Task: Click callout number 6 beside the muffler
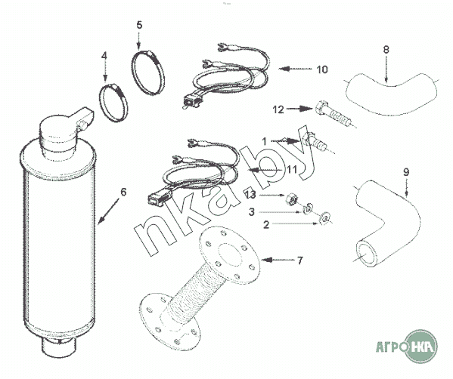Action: (x=123, y=192)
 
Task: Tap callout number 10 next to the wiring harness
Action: (x=322, y=69)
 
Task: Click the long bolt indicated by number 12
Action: (x=334, y=114)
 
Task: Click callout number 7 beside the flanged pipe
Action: (x=300, y=260)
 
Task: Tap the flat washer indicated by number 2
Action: (x=324, y=218)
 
